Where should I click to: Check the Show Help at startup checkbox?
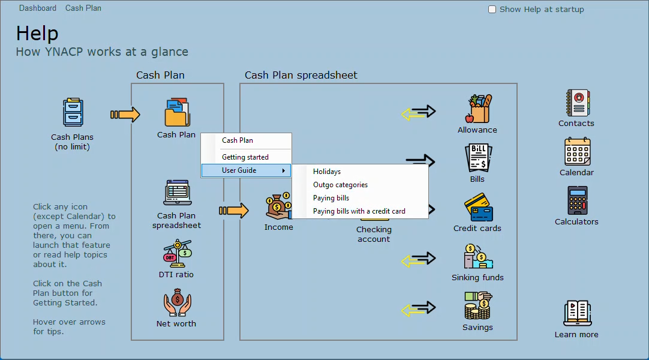492,10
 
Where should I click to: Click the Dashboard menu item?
38,8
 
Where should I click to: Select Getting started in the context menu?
245,157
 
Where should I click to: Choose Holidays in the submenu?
326,172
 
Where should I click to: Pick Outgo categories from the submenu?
340,185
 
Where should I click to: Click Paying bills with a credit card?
359,211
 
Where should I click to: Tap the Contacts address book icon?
578,103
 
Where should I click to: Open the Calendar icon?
578,151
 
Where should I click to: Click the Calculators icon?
578,200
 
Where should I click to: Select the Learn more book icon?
578,313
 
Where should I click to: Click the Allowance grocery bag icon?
479,109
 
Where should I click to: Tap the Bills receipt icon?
479,158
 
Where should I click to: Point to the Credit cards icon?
479,207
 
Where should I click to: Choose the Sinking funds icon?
478,256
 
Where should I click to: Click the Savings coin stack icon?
478,305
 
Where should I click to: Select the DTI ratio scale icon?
177,253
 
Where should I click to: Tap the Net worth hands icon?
177,302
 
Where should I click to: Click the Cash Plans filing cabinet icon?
73,112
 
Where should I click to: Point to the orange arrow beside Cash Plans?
125,115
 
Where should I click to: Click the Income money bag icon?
278,206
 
